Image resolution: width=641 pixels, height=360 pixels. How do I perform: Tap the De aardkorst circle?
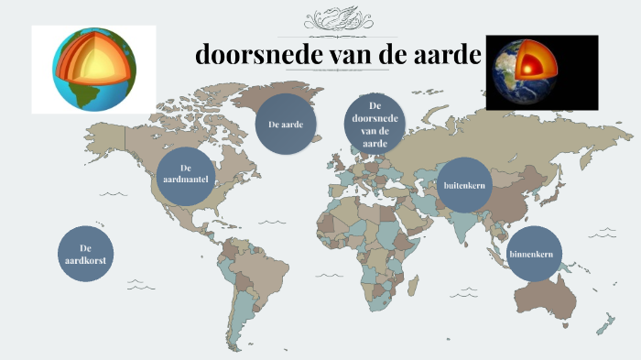[85, 254]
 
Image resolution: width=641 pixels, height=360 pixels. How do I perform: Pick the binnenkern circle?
[534, 253]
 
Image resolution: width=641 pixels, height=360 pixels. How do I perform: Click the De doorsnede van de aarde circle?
[375, 125]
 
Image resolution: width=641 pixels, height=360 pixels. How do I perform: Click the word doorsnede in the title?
[253, 55]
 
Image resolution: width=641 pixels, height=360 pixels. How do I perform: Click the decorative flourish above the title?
[335, 18]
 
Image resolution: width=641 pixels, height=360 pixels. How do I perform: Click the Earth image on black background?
[541, 72]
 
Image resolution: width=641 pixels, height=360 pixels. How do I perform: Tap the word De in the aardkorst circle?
[85, 248]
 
